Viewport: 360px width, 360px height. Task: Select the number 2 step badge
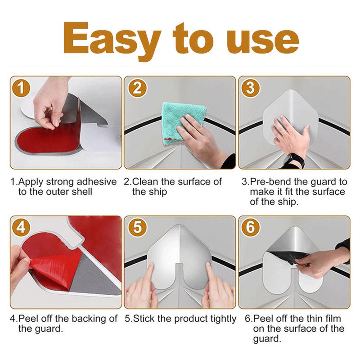pyautogui.click(x=136, y=88)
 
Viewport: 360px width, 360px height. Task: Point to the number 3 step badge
pyautogui.click(x=250, y=88)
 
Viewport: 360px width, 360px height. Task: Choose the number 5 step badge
pyautogui.click(x=136, y=228)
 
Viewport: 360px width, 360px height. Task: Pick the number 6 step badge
pyautogui.click(x=250, y=228)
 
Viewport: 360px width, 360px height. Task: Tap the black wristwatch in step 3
pyautogui.click(x=295, y=160)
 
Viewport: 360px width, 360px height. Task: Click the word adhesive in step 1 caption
pyautogui.click(x=95, y=182)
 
